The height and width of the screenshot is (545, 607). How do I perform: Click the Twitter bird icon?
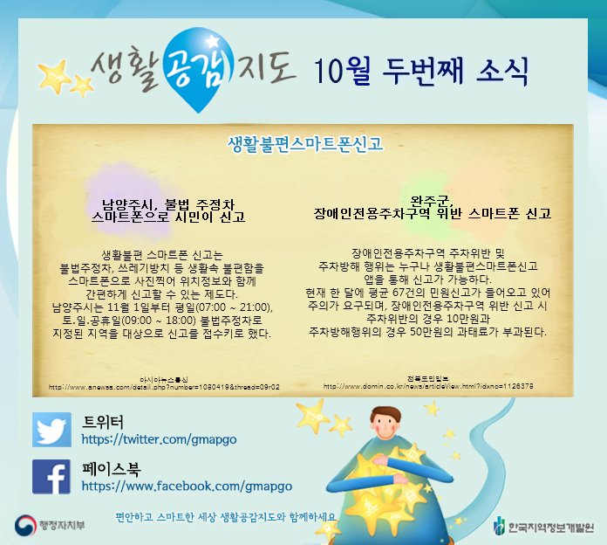[51, 430]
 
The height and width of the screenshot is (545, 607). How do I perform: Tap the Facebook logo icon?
[51, 477]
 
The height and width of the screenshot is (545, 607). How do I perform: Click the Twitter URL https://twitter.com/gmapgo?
[158, 439]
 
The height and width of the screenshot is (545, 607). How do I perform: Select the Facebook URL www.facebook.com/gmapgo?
[187, 486]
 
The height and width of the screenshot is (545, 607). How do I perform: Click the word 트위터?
[103, 420]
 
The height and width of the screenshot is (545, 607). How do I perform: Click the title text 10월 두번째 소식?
[421, 71]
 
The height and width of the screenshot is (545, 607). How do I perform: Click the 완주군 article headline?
[433, 205]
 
